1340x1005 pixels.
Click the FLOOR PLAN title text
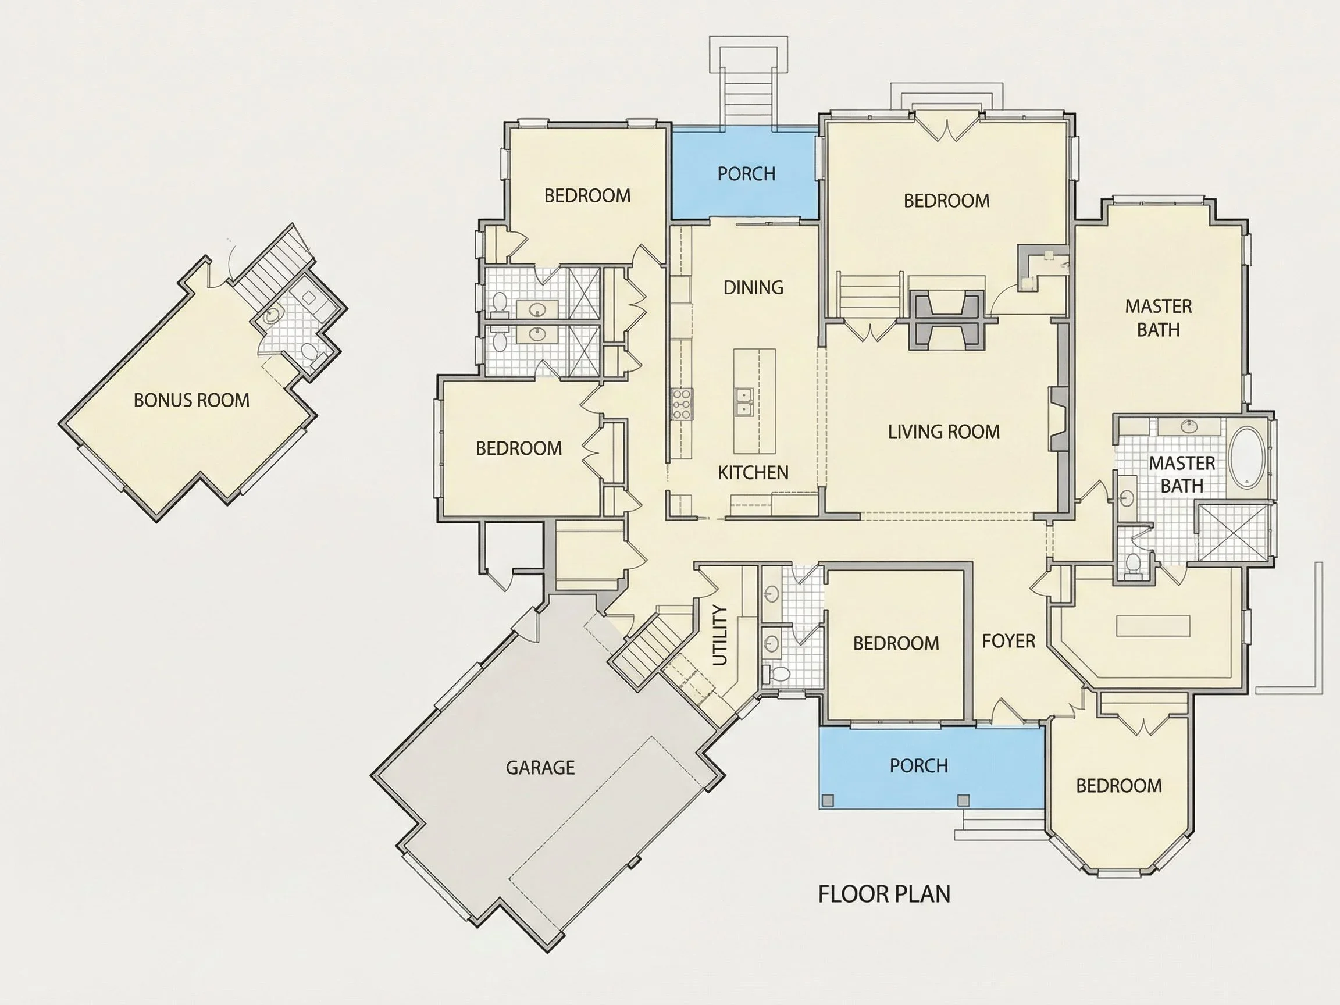(x=884, y=894)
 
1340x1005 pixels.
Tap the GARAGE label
(x=540, y=768)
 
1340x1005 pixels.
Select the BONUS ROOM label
(x=191, y=400)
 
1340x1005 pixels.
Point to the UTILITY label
(x=719, y=635)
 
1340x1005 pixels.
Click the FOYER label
(x=1008, y=641)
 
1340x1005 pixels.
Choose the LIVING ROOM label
(x=944, y=432)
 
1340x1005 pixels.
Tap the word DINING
(x=753, y=287)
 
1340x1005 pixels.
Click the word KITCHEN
(x=753, y=472)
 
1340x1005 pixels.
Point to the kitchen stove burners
(x=682, y=404)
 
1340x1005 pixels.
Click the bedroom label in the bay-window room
(x=1119, y=786)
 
